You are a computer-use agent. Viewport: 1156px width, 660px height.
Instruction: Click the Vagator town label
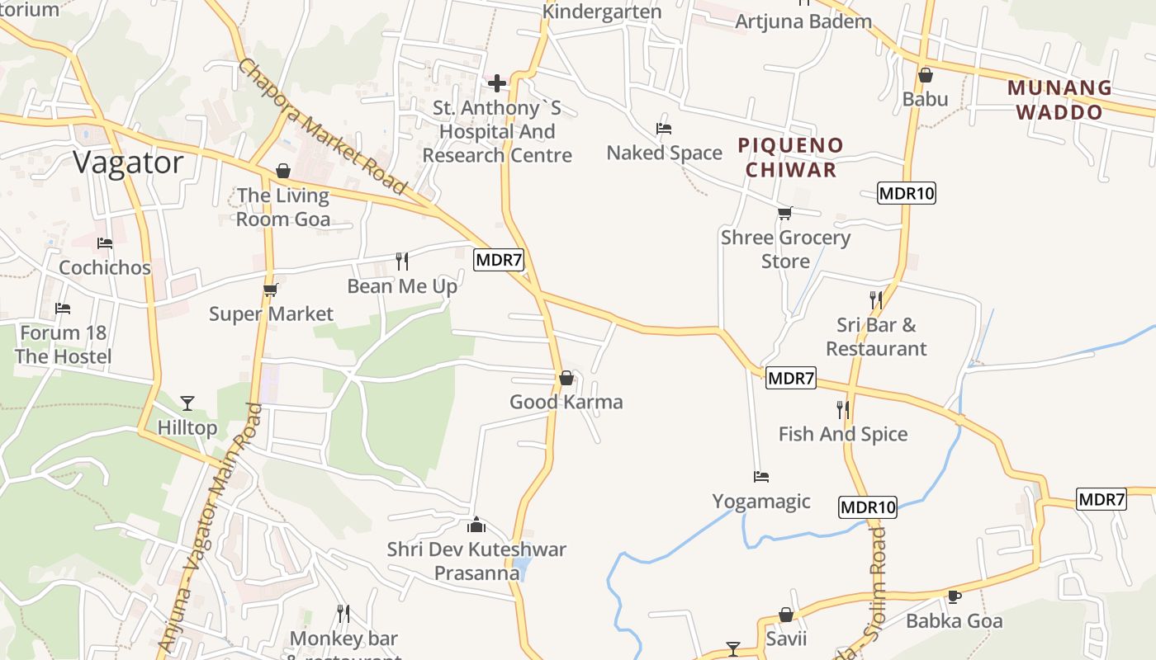click(128, 163)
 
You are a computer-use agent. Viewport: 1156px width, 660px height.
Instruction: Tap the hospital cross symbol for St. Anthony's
click(497, 83)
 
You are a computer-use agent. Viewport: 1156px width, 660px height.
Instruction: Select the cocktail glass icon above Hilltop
click(187, 403)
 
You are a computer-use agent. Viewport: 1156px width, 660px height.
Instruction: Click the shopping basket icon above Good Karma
click(566, 379)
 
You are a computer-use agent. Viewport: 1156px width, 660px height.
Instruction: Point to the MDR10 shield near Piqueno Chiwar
click(906, 194)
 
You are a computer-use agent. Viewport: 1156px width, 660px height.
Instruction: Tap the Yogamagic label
click(761, 502)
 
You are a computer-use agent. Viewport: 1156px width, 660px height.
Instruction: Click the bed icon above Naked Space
click(664, 128)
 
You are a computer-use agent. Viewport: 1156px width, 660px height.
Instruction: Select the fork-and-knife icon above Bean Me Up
click(402, 262)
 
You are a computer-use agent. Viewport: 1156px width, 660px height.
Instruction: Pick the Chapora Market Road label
click(322, 125)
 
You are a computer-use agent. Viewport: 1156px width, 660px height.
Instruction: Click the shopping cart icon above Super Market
click(270, 290)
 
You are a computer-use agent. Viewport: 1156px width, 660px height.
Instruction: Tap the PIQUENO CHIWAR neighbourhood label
click(791, 158)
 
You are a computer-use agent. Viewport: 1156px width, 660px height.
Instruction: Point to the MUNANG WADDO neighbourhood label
click(1060, 100)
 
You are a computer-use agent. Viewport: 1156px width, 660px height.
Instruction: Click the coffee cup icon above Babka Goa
click(955, 596)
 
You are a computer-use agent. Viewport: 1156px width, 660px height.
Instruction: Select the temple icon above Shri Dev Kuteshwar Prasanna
click(476, 525)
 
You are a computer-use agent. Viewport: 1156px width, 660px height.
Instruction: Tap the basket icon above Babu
click(926, 75)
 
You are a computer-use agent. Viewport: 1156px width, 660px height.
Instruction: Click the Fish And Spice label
click(843, 434)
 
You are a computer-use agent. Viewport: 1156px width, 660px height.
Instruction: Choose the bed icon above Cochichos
click(105, 243)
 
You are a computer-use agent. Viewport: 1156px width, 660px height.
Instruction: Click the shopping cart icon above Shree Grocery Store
click(785, 214)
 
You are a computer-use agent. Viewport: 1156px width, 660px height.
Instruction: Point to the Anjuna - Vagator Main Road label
click(206, 528)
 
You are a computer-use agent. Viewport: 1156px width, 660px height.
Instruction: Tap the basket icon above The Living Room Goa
click(283, 171)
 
